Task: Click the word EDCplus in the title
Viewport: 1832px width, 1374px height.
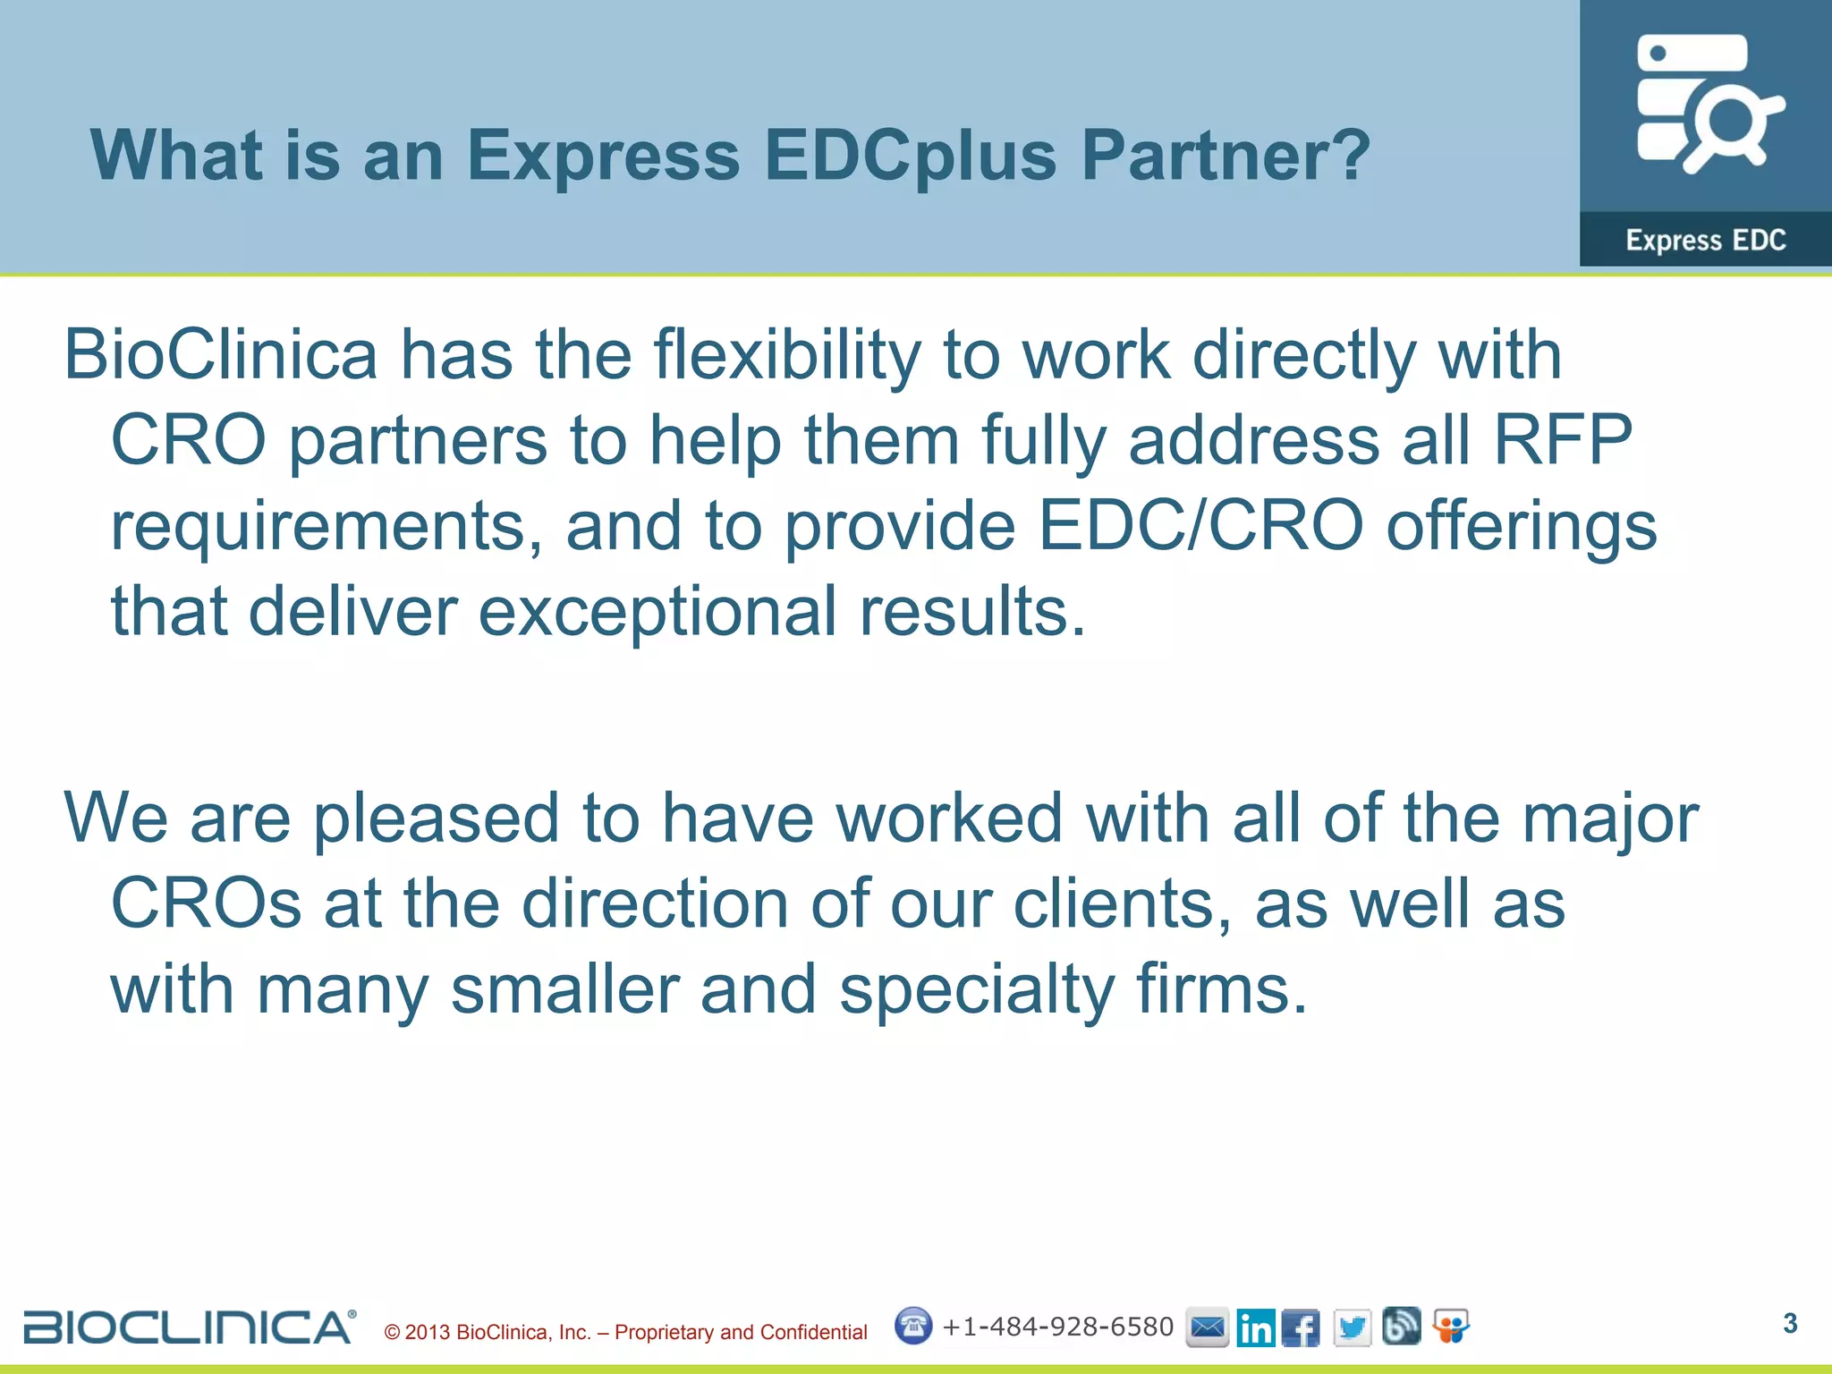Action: [911, 157]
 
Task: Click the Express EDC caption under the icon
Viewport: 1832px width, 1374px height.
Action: [1705, 240]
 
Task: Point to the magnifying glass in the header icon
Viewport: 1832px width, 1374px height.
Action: [1732, 125]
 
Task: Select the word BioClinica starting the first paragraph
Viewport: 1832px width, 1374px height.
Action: [221, 354]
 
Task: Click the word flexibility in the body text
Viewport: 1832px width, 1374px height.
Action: [786, 356]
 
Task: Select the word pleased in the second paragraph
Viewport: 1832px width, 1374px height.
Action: [436, 818]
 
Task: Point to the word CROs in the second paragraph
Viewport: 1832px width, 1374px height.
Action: [207, 903]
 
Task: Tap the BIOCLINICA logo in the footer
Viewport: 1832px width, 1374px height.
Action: [189, 1327]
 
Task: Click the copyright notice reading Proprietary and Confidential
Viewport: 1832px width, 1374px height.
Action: [626, 1332]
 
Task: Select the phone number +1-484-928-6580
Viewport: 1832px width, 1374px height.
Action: [1057, 1327]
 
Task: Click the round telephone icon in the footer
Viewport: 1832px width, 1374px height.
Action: [913, 1326]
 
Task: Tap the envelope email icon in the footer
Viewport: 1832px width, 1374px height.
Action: [1207, 1327]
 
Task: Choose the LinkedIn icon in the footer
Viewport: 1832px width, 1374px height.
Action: [1256, 1327]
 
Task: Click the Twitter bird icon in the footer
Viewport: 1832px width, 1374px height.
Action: [1352, 1327]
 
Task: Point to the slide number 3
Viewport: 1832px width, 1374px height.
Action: [1790, 1323]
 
